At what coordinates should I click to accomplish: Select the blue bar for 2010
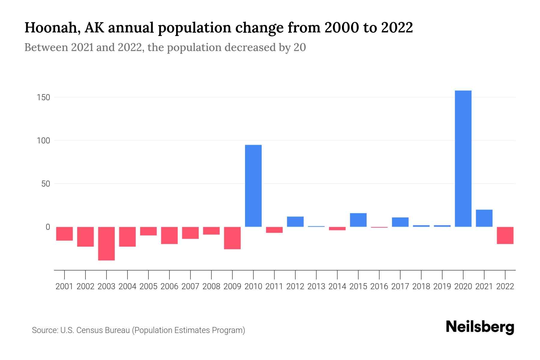point(253,186)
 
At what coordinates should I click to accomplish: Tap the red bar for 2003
point(106,243)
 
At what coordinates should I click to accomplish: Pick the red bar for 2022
point(505,235)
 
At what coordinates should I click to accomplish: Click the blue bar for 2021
point(484,218)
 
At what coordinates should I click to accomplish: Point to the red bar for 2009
point(232,238)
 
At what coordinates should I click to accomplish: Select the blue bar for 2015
point(358,220)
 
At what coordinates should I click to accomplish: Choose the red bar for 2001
point(64,233)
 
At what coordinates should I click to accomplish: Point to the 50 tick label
point(46,184)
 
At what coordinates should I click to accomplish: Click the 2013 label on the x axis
point(316,286)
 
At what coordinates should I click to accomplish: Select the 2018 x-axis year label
point(421,286)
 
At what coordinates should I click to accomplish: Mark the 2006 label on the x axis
point(169,286)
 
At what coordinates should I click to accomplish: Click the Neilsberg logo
point(480,327)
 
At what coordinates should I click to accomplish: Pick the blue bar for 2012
point(295,221)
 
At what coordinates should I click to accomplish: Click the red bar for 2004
point(127,236)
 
